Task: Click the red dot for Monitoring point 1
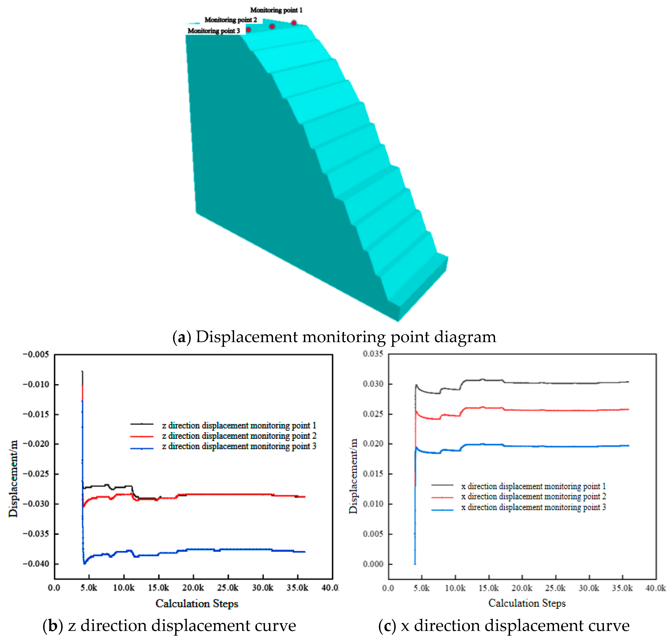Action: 294,23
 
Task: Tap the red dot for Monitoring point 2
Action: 272,26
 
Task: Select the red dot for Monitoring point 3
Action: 248,30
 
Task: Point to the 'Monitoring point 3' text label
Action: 214,31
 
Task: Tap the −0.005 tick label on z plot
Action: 36,354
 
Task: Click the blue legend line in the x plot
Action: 442,510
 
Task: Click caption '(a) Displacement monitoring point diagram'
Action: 334,337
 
